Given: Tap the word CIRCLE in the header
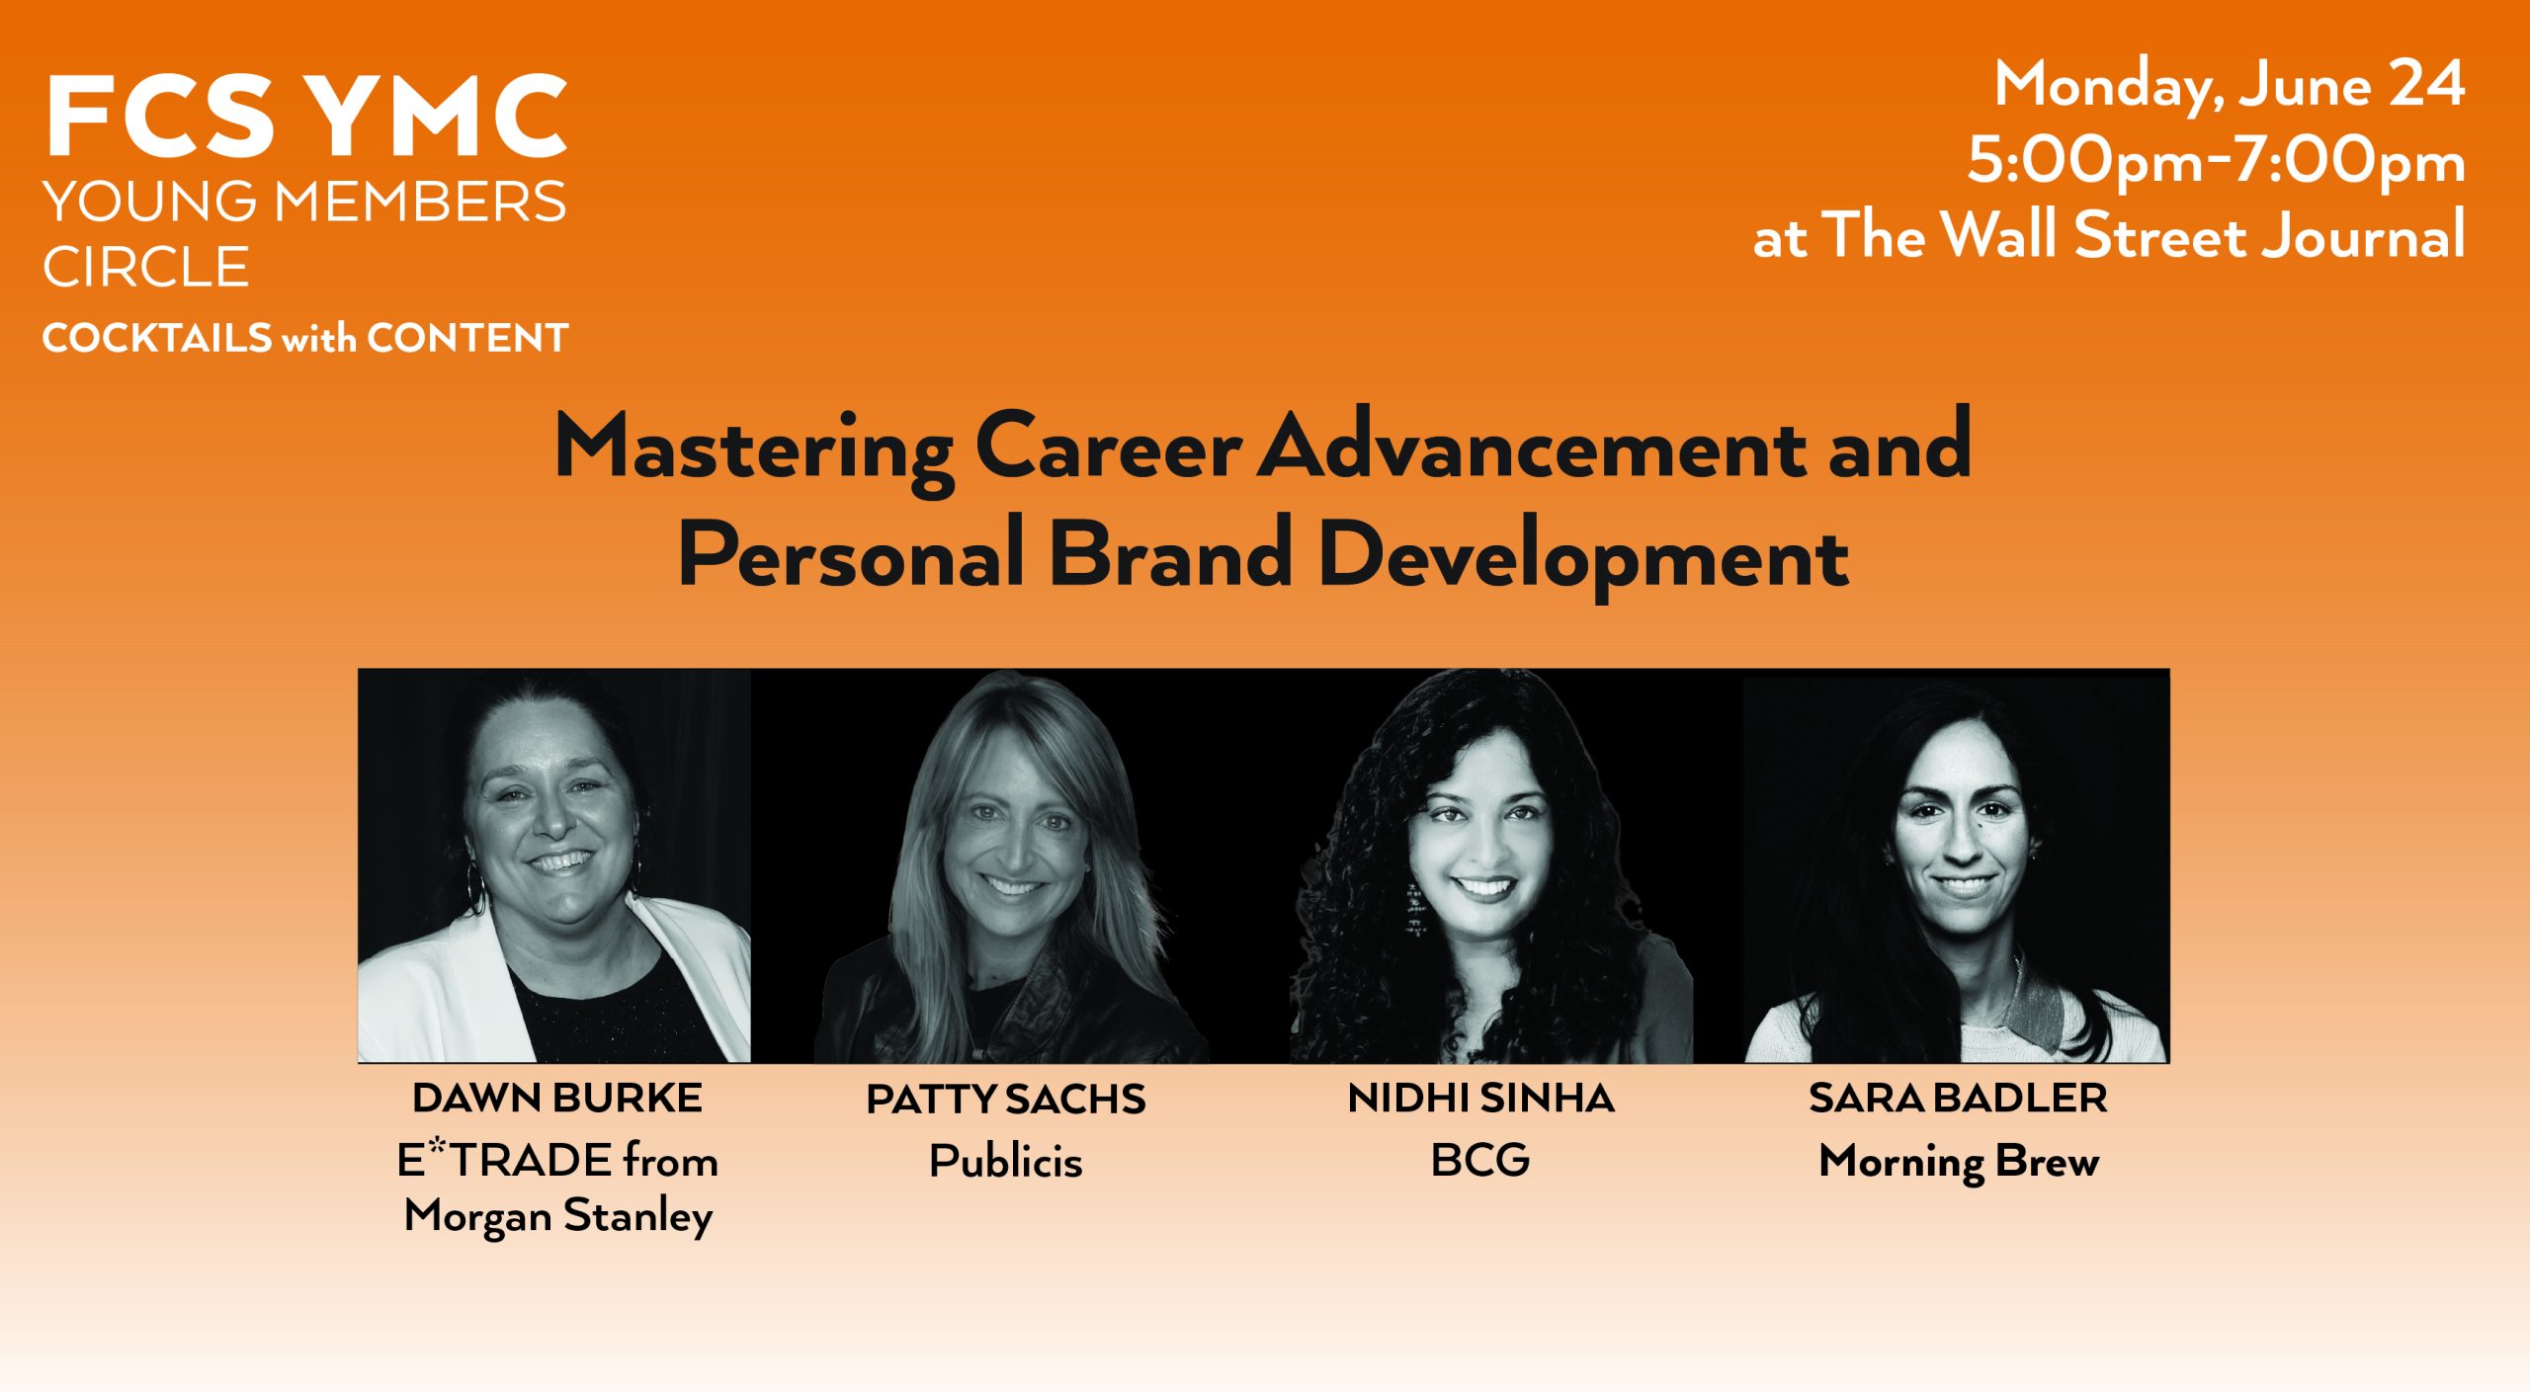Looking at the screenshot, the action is (x=145, y=267).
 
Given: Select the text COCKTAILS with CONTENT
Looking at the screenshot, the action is (x=305, y=338).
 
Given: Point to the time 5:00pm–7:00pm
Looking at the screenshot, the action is (x=2216, y=161).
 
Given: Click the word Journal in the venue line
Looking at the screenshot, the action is (x=2364, y=235).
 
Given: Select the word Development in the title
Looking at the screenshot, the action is (x=1583, y=557).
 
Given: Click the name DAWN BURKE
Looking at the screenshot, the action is (x=557, y=1098).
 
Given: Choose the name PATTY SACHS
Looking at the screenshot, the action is (x=1006, y=1100).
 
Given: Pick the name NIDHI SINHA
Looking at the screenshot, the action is (x=1480, y=1098).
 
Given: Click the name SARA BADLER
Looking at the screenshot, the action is (x=1958, y=1098).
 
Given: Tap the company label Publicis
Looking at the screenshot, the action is (x=1006, y=1161).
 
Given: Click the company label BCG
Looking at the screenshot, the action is (x=1480, y=1160).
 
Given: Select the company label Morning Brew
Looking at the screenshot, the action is (x=1959, y=1162).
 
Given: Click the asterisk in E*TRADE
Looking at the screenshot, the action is (x=437, y=1148).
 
